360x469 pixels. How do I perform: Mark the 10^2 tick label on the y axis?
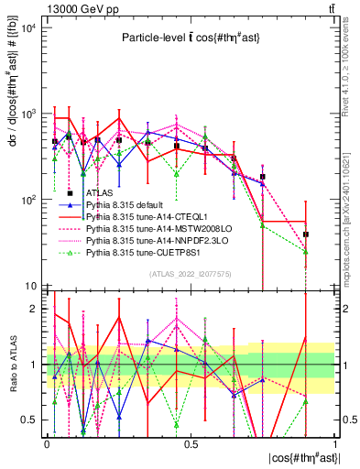point(29,200)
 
